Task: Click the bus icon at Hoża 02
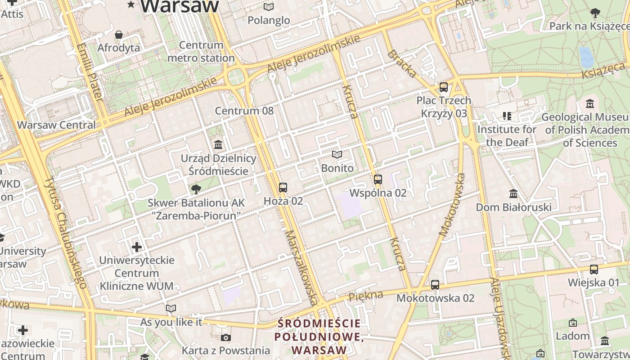283,188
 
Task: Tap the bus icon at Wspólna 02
378,180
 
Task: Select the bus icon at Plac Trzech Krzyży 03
444,87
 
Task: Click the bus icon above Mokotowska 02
435,284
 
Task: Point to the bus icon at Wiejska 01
594,270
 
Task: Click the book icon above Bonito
337,155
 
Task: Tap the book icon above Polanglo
269,7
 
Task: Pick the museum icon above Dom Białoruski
513,194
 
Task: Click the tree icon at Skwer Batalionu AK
195,189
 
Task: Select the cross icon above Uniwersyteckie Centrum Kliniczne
137,247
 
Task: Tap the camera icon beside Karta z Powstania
226,337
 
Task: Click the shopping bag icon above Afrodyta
119,35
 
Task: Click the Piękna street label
365,296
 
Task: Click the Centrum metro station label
201,51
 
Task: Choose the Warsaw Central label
56,125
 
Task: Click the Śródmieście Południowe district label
319,337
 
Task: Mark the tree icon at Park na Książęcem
595,13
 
